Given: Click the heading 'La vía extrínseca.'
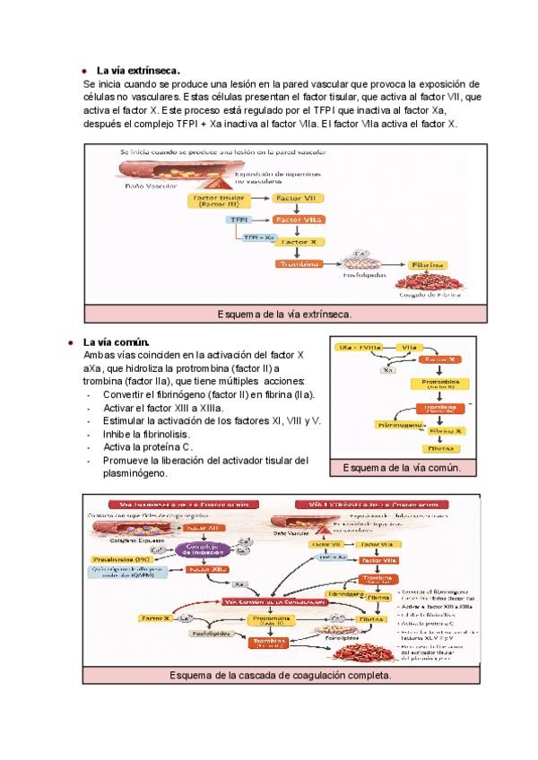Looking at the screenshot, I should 138,70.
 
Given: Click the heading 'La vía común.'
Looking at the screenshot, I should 116,341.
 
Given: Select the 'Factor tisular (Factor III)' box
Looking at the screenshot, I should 219,201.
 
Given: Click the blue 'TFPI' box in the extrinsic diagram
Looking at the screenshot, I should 239,219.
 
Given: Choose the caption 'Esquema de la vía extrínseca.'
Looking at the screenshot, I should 284,315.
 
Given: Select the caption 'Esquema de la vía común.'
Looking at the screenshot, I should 402,468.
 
